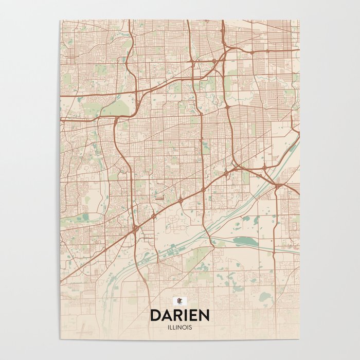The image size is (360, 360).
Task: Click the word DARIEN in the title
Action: (179, 315)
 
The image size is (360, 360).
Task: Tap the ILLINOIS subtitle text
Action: (179, 327)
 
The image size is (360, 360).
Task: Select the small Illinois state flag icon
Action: (179, 301)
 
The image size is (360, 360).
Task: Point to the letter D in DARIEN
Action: (155, 315)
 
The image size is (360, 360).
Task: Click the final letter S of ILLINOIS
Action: (191, 327)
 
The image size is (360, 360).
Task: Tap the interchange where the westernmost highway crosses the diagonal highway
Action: (135, 227)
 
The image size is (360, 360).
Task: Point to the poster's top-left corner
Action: (60, 20)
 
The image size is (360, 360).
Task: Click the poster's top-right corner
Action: (299, 20)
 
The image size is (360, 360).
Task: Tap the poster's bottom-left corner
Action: (60, 339)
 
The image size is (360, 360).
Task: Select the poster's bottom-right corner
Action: (299, 339)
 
